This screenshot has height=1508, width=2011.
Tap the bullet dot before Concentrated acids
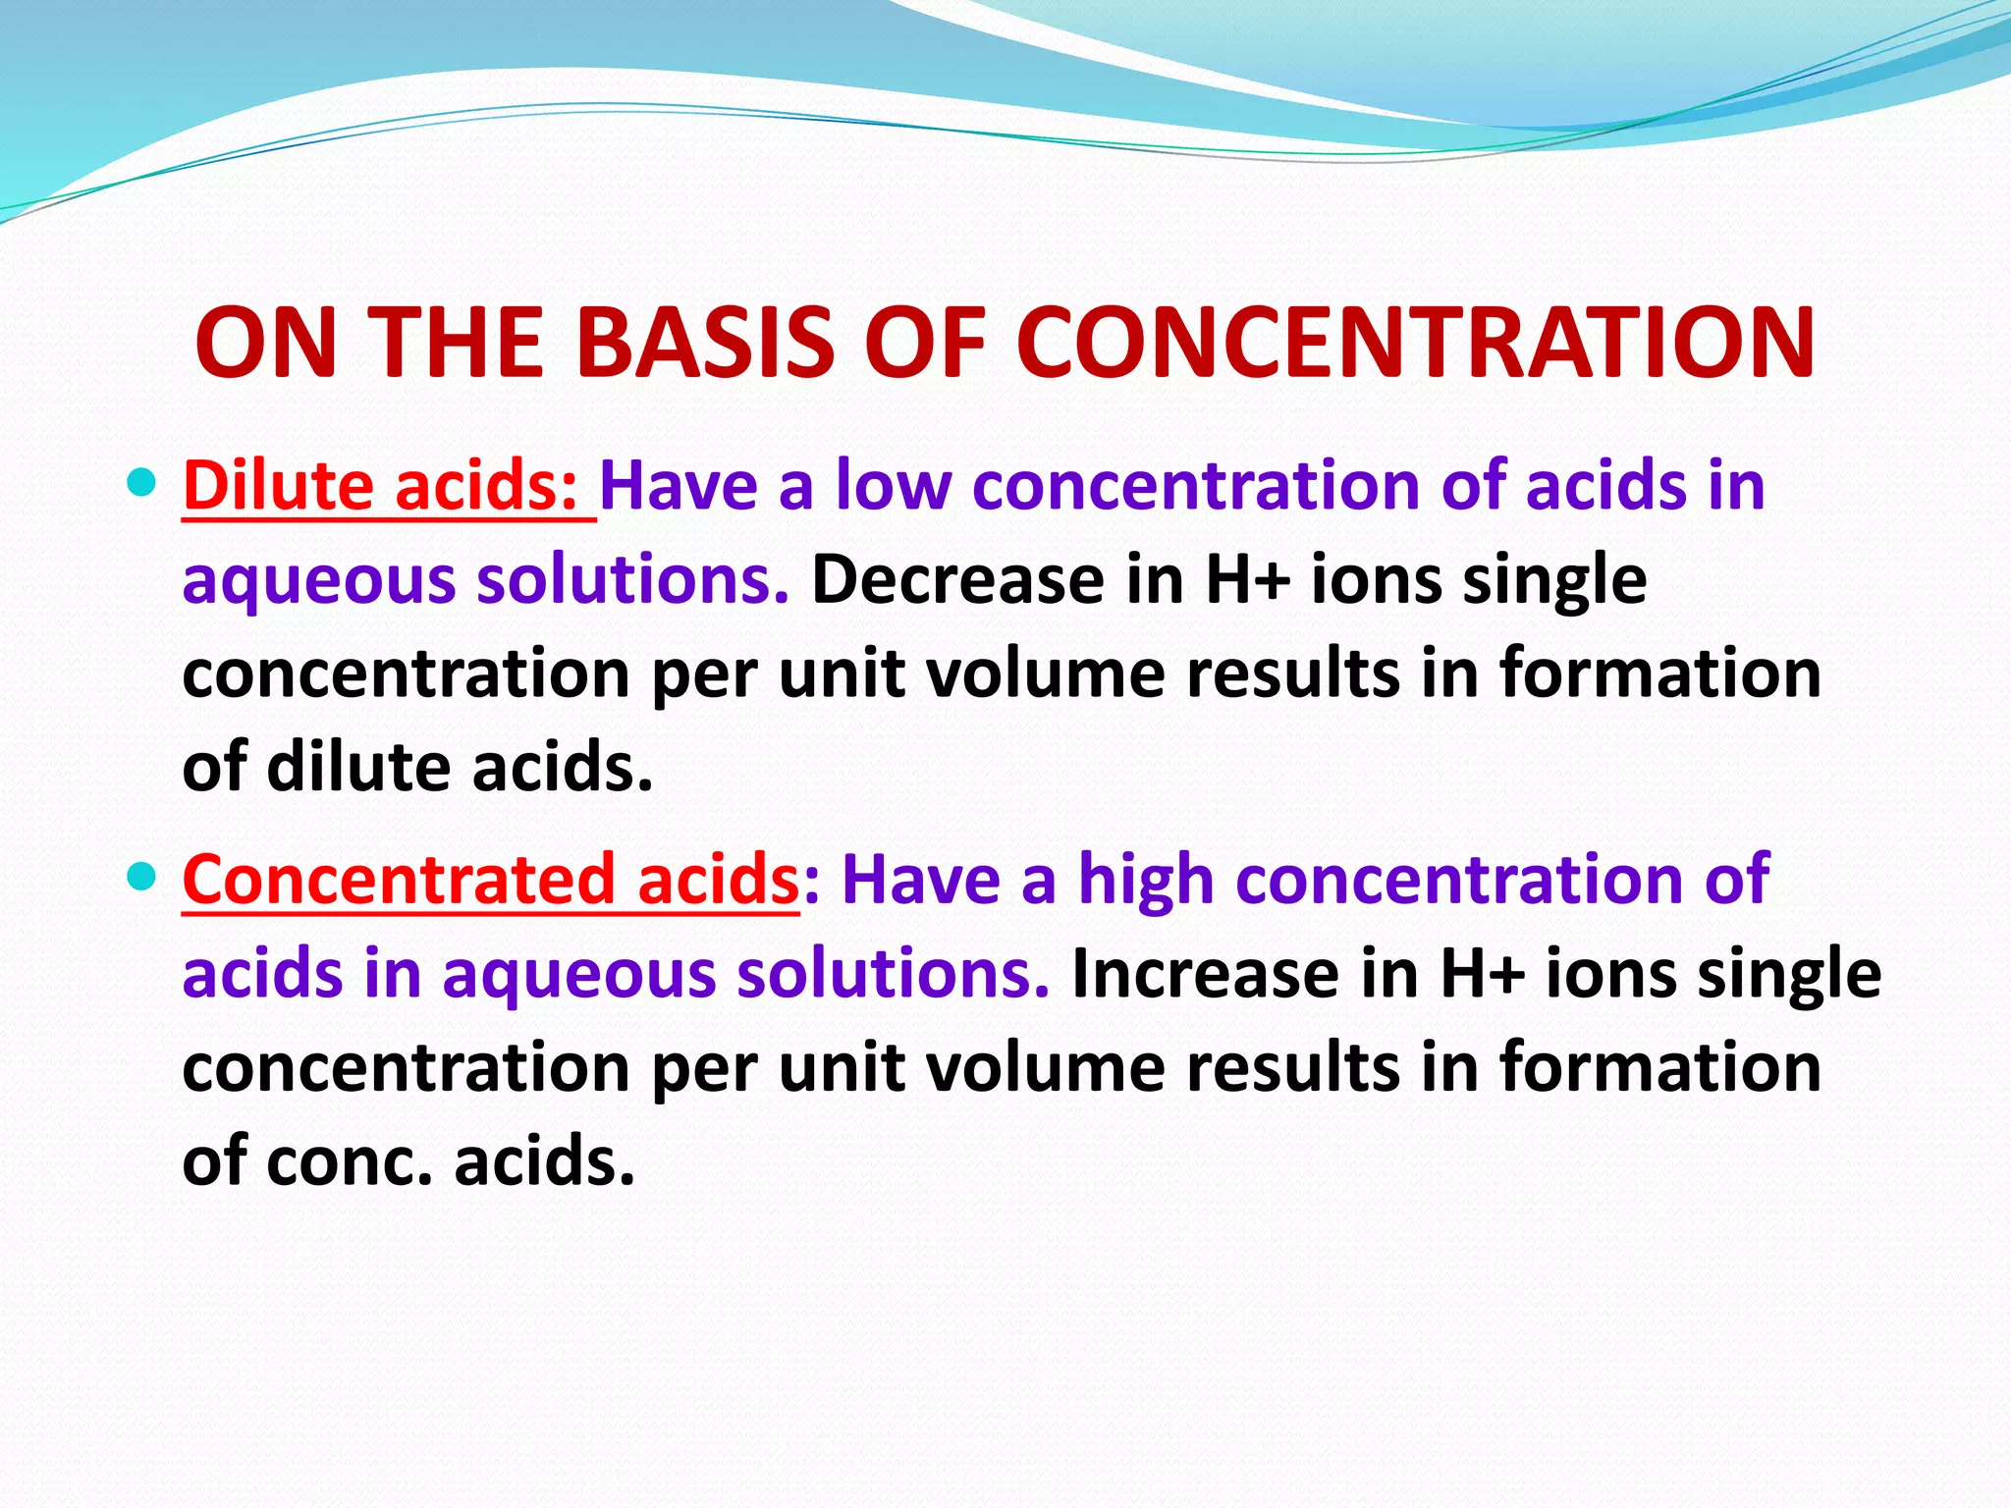point(143,876)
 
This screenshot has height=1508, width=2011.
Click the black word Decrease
point(957,579)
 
